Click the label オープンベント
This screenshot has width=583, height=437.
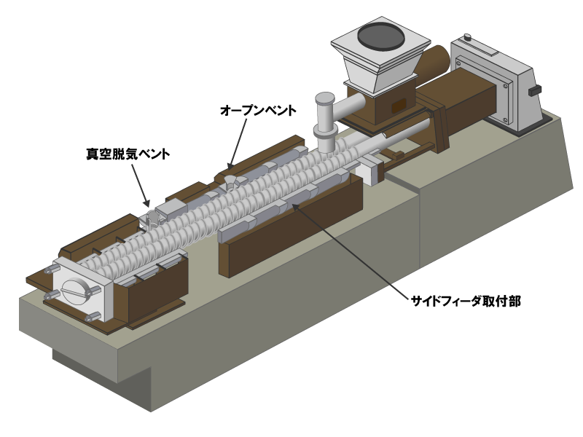(258, 111)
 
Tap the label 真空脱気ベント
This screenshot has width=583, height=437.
(128, 154)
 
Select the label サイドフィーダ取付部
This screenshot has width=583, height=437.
(466, 301)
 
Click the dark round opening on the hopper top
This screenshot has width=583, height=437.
(381, 35)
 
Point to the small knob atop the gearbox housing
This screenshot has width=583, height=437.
(467, 38)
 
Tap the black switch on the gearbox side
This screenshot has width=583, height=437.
(535, 90)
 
